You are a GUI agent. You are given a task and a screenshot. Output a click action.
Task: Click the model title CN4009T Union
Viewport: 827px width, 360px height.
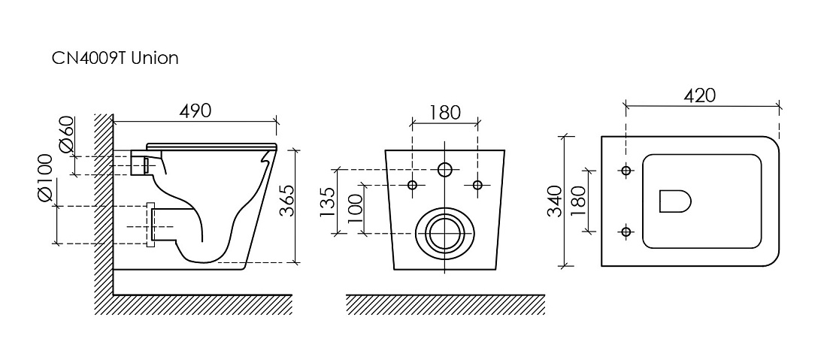[x=115, y=57]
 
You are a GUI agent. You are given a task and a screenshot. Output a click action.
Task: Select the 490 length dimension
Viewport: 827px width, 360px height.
[x=195, y=110]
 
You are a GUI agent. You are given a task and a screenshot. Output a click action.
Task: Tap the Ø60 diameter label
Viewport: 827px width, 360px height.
[x=67, y=135]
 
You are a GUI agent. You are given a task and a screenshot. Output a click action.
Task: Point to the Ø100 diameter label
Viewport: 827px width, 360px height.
[x=45, y=177]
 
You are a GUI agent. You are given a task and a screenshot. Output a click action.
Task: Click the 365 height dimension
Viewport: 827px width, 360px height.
[x=286, y=201]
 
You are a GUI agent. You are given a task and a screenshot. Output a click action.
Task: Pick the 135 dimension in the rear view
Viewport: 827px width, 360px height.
[x=327, y=202]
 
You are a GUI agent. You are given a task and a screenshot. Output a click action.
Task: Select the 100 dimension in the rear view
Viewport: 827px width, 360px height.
[x=355, y=208]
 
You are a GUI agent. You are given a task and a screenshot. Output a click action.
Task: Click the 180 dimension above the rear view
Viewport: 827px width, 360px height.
[x=444, y=112]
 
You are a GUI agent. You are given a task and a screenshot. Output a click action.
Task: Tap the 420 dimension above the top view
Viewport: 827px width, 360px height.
[x=700, y=95]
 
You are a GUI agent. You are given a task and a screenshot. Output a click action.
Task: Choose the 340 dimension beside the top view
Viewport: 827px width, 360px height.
[x=554, y=201]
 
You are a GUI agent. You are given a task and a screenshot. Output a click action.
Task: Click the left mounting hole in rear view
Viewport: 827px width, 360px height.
[x=413, y=184]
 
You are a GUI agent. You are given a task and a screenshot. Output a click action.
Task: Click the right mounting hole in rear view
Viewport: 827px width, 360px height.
[x=477, y=184]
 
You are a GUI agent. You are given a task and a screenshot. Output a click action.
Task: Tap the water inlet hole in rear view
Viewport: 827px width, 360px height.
[x=445, y=170]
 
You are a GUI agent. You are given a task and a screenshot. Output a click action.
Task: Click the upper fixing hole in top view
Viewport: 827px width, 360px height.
[x=626, y=171]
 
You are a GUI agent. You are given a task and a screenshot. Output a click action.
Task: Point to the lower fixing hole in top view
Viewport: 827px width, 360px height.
[x=626, y=231]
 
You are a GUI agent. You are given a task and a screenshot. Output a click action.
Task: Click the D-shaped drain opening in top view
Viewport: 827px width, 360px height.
[x=675, y=201]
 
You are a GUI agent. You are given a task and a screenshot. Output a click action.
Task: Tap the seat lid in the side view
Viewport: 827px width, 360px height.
[x=212, y=144]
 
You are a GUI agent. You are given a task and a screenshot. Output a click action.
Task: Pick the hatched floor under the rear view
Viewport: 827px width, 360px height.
[x=445, y=304]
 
